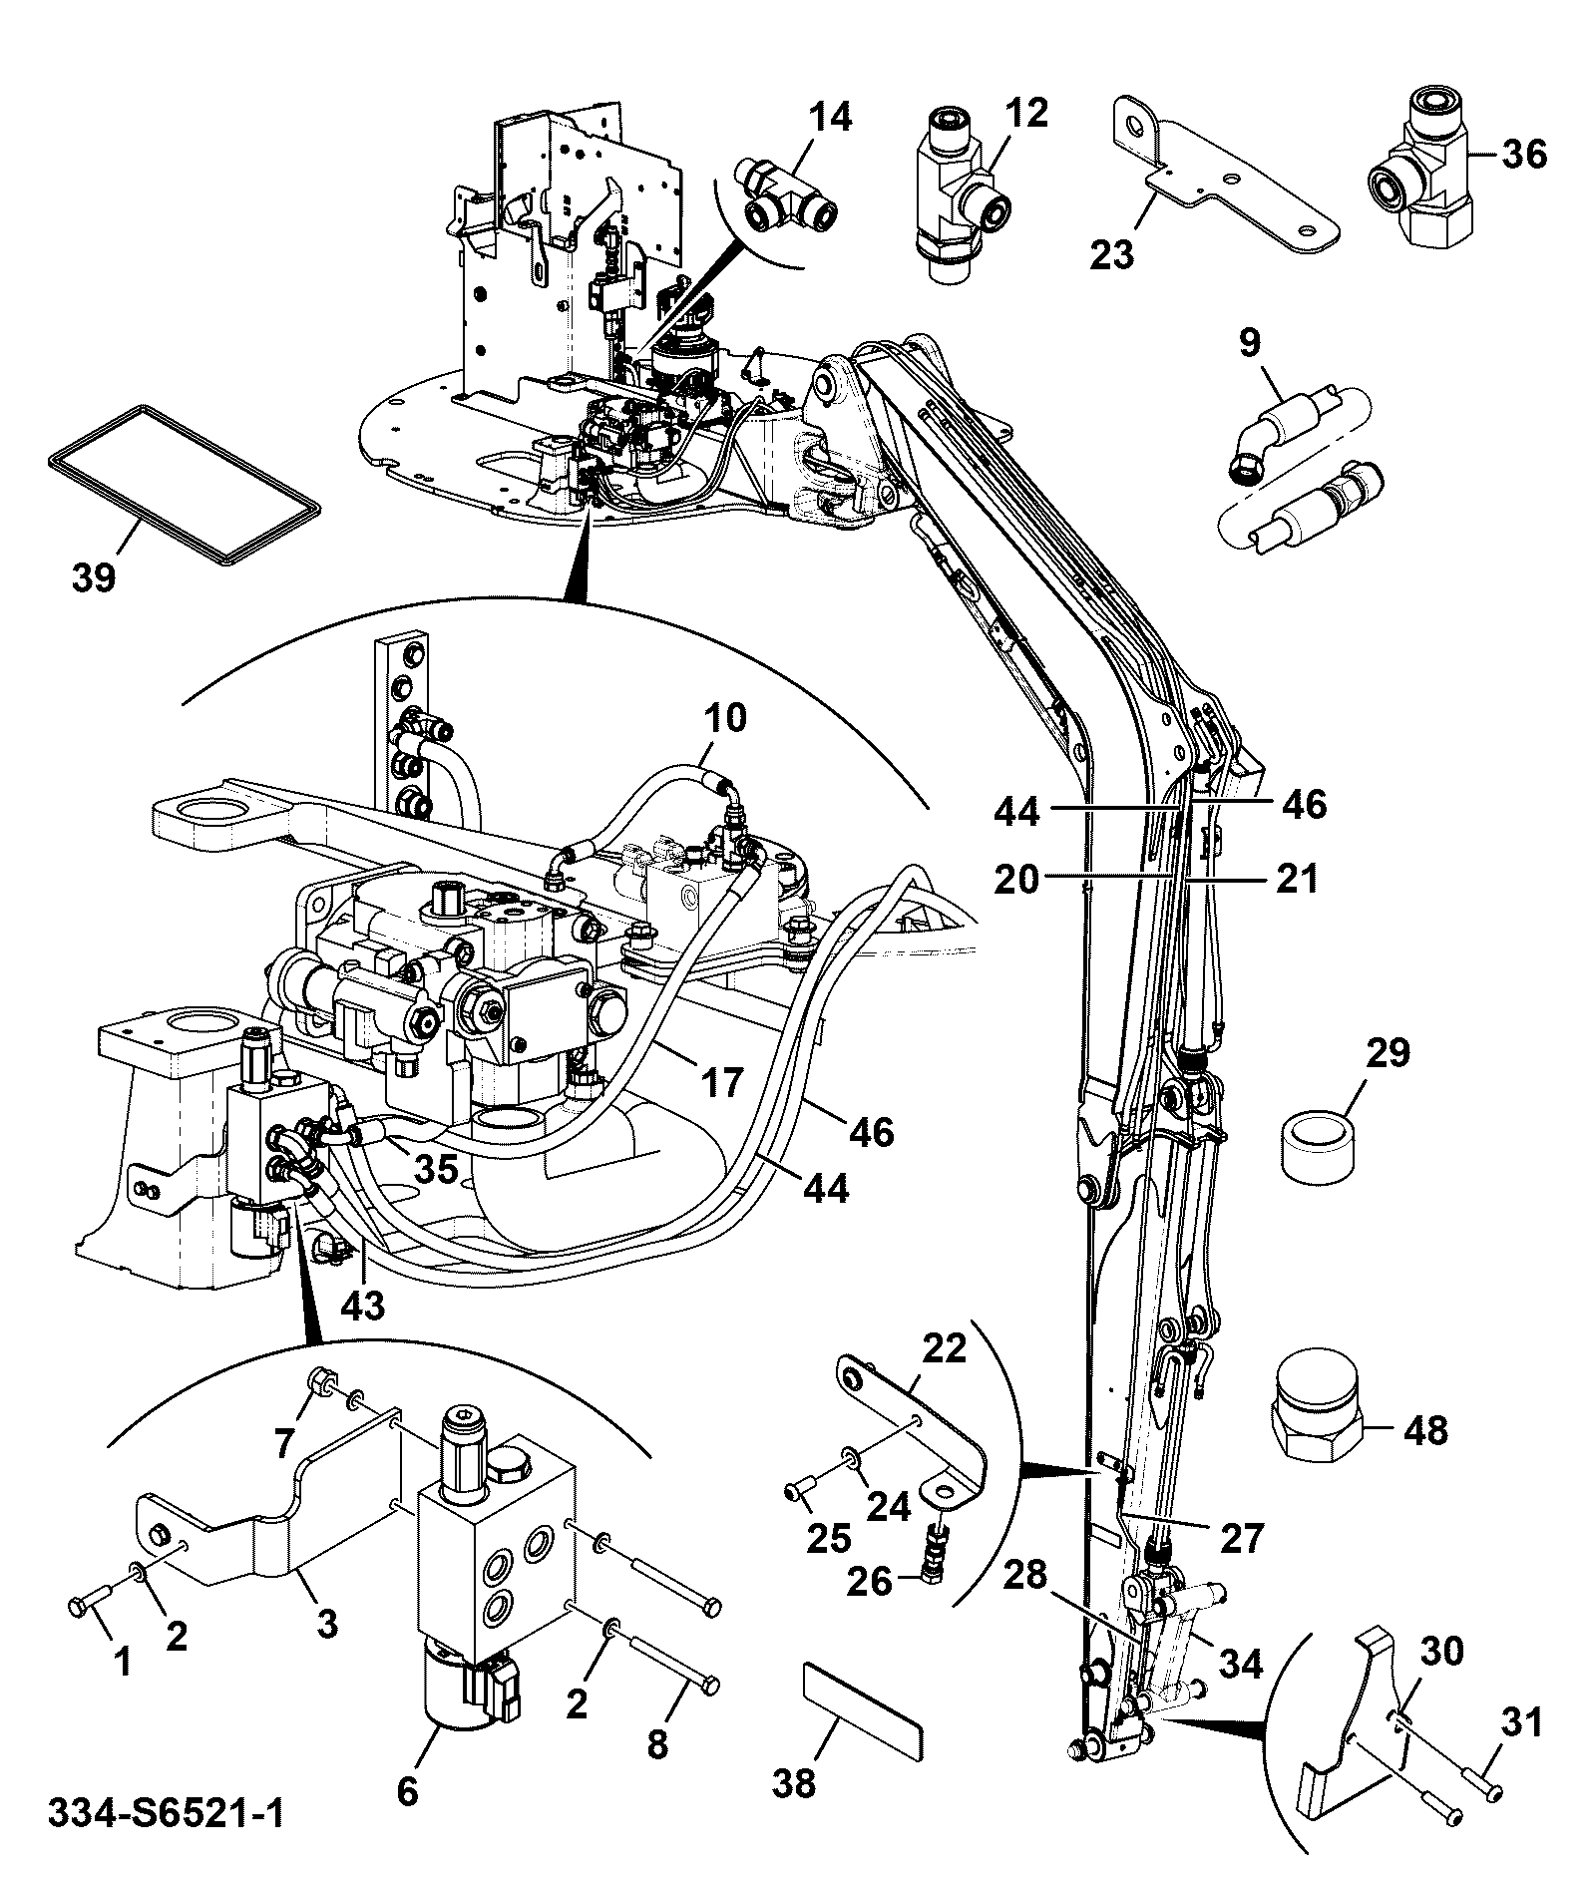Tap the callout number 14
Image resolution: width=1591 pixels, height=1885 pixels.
(830, 117)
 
